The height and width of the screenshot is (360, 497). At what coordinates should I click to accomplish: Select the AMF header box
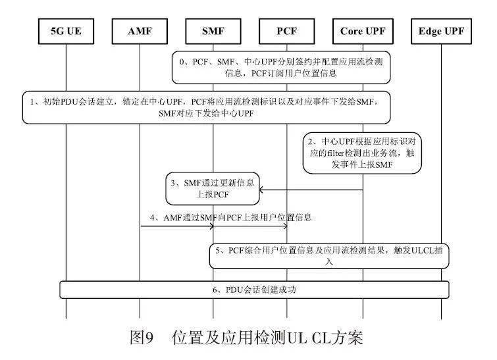[140, 32]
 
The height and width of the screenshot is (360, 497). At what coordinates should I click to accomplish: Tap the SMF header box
[213, 32]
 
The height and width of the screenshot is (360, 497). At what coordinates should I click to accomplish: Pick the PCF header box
[288, 32]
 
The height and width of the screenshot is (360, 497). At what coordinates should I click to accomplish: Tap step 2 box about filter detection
[363, 153]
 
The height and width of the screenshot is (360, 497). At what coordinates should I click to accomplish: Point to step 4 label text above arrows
[230, 217]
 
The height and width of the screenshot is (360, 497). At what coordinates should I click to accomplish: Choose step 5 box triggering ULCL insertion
[329, 255]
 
